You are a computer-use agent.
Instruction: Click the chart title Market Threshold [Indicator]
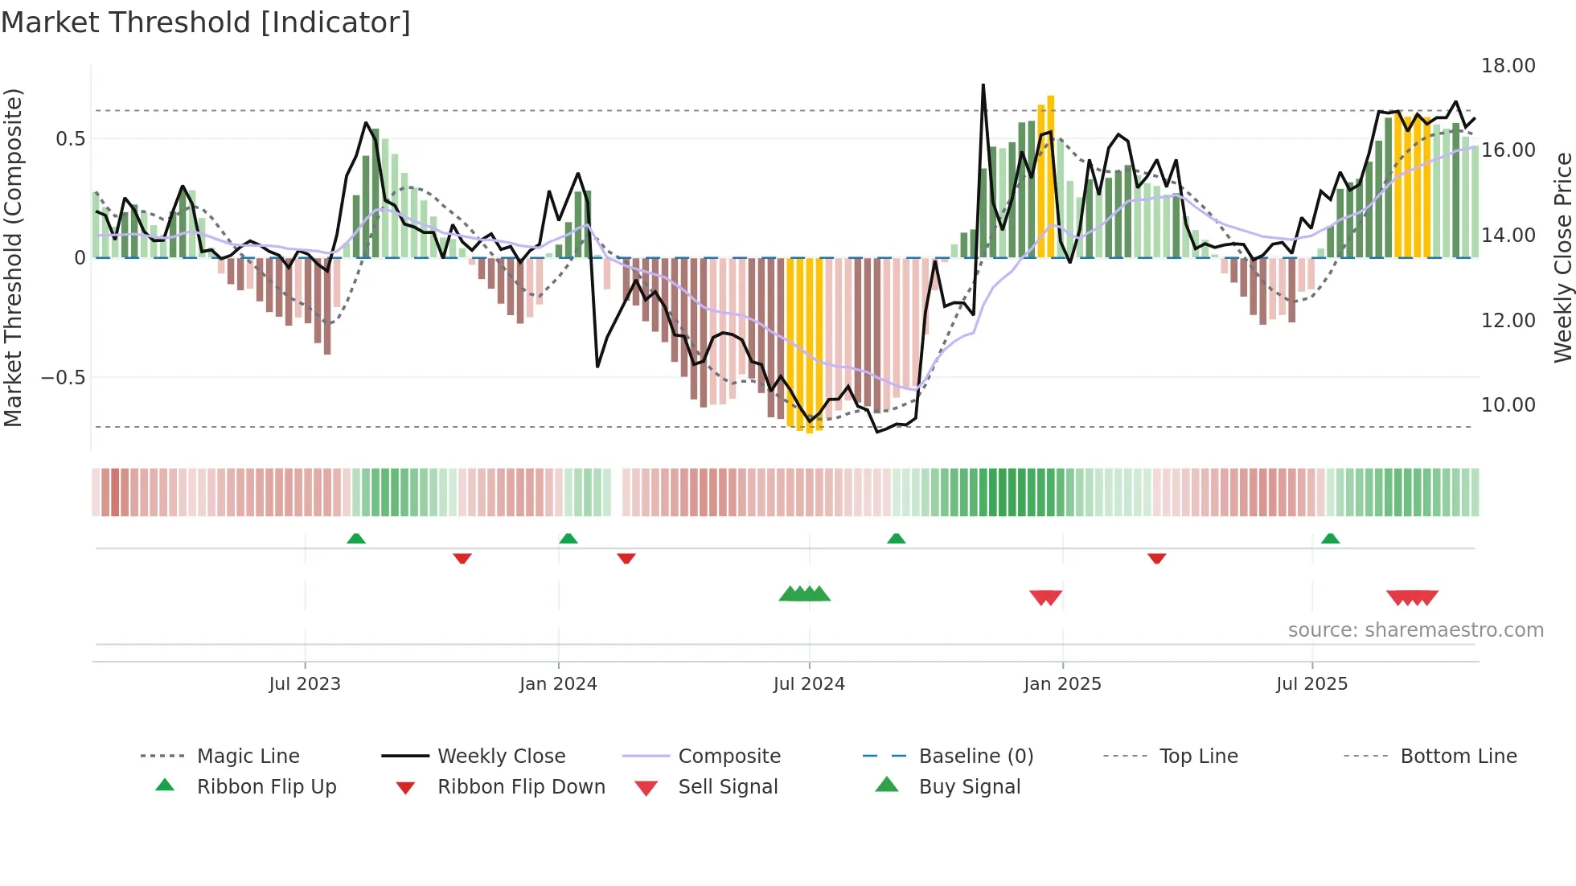[206, 23]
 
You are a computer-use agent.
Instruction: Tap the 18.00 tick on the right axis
[1508, 66]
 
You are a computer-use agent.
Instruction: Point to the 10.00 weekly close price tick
[1508, 405]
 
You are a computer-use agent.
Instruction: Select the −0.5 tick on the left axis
[63, 378]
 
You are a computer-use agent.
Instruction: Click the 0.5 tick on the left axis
[70, 139]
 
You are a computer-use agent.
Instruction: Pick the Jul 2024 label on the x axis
[809, 684]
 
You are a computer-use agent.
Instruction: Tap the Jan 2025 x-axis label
[1062, 684]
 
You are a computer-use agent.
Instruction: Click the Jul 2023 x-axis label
[305, 684]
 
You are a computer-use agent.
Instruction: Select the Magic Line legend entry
[248, 757]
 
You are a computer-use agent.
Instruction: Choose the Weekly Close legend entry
[501, 757]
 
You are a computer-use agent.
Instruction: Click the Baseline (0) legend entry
[975, 757]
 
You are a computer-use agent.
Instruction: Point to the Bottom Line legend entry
[1458, 757]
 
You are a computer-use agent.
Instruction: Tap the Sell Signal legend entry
[728, 787]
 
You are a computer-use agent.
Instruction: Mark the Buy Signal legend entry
[969, 787]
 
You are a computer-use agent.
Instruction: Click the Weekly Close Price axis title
[1562, 257]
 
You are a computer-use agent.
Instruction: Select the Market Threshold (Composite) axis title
[13, 257]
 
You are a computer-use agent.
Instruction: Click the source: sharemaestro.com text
[1415, 630]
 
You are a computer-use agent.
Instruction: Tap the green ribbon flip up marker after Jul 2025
[1330, 539]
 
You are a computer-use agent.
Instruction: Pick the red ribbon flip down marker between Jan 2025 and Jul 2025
[1156, 558]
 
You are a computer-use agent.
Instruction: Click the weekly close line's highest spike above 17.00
[983, 85]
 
